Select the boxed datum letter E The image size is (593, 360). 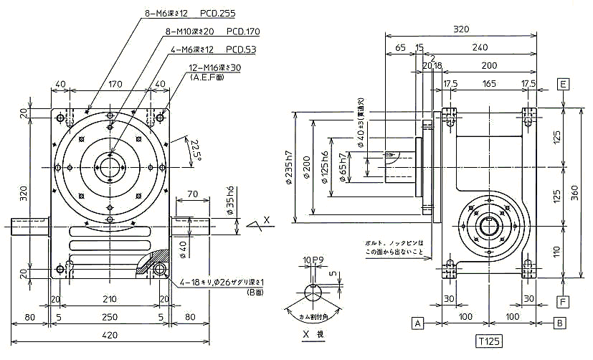[x=563, y=85]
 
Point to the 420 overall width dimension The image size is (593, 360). [x=109, y=336]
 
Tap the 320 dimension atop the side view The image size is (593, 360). [x=460, y=29]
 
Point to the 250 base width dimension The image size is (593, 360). [x=109, y=317]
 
